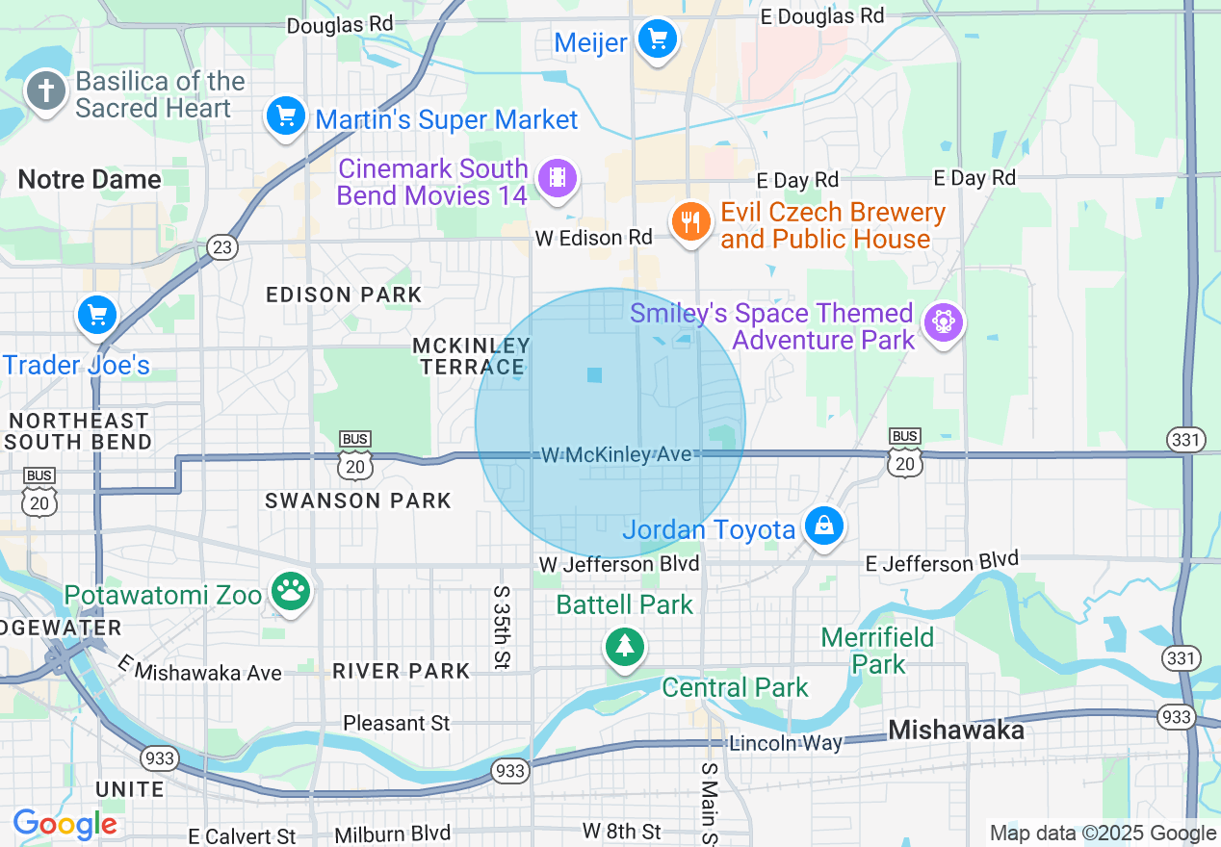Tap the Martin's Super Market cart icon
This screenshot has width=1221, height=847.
point(285,117)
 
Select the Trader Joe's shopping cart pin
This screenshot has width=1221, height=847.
point(96,315)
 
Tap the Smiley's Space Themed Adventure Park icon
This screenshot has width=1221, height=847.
point(943,323)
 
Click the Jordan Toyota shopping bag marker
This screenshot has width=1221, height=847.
point(824,526)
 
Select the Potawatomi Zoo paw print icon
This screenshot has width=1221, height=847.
point(289,592)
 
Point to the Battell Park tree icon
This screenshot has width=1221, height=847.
point(625,646)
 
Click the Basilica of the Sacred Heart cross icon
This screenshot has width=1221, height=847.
point(45,92)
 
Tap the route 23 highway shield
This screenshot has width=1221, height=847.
point(222,247)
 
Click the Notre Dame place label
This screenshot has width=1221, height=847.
point(90,179)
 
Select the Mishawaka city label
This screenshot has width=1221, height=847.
point(955,730)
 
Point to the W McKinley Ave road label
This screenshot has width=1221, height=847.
point(616,454)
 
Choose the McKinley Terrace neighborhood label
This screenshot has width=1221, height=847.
point(471,355)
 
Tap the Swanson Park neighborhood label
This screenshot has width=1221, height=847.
point(358,500)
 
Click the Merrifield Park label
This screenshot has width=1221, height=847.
point(877,651)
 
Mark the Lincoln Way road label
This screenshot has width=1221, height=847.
point(786,742)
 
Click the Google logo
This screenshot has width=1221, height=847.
point(65,825)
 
